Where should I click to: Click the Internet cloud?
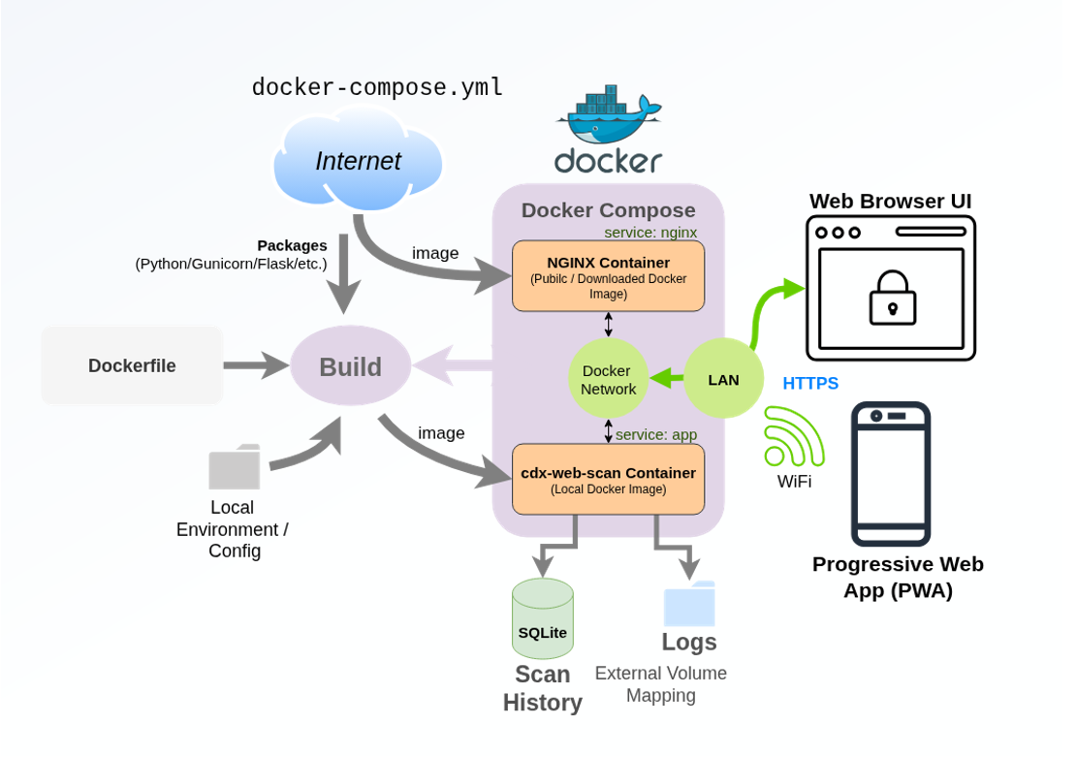[x=358, y=161]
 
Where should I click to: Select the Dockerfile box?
[x=132, y=365]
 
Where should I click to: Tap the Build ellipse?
[x=350, y=366]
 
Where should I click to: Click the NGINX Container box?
[x=608, y=276]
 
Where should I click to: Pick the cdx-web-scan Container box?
[x=608, y=479]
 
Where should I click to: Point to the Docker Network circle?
[x=608, y=379]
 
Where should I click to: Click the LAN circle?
[x=723, y=379]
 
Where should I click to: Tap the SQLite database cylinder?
[x=542, y=620]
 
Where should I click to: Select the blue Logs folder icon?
[x=689, y=604]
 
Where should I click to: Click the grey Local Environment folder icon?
[x=235, y=467]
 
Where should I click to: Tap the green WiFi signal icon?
[x=791, y=437]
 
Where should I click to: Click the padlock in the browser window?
[x=892, y=297]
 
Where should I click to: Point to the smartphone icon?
[x=890, y=474]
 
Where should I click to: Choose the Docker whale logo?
[x=608, y=113]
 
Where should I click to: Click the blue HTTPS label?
[x=810, y=383]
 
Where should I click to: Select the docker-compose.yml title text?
[x=377, y=87]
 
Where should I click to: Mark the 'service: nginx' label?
[x=650, y=233]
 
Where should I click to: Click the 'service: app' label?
[x=656, y=434]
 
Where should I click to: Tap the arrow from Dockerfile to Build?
[x=257, y=365]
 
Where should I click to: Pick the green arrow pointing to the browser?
[x=771, y=308]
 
